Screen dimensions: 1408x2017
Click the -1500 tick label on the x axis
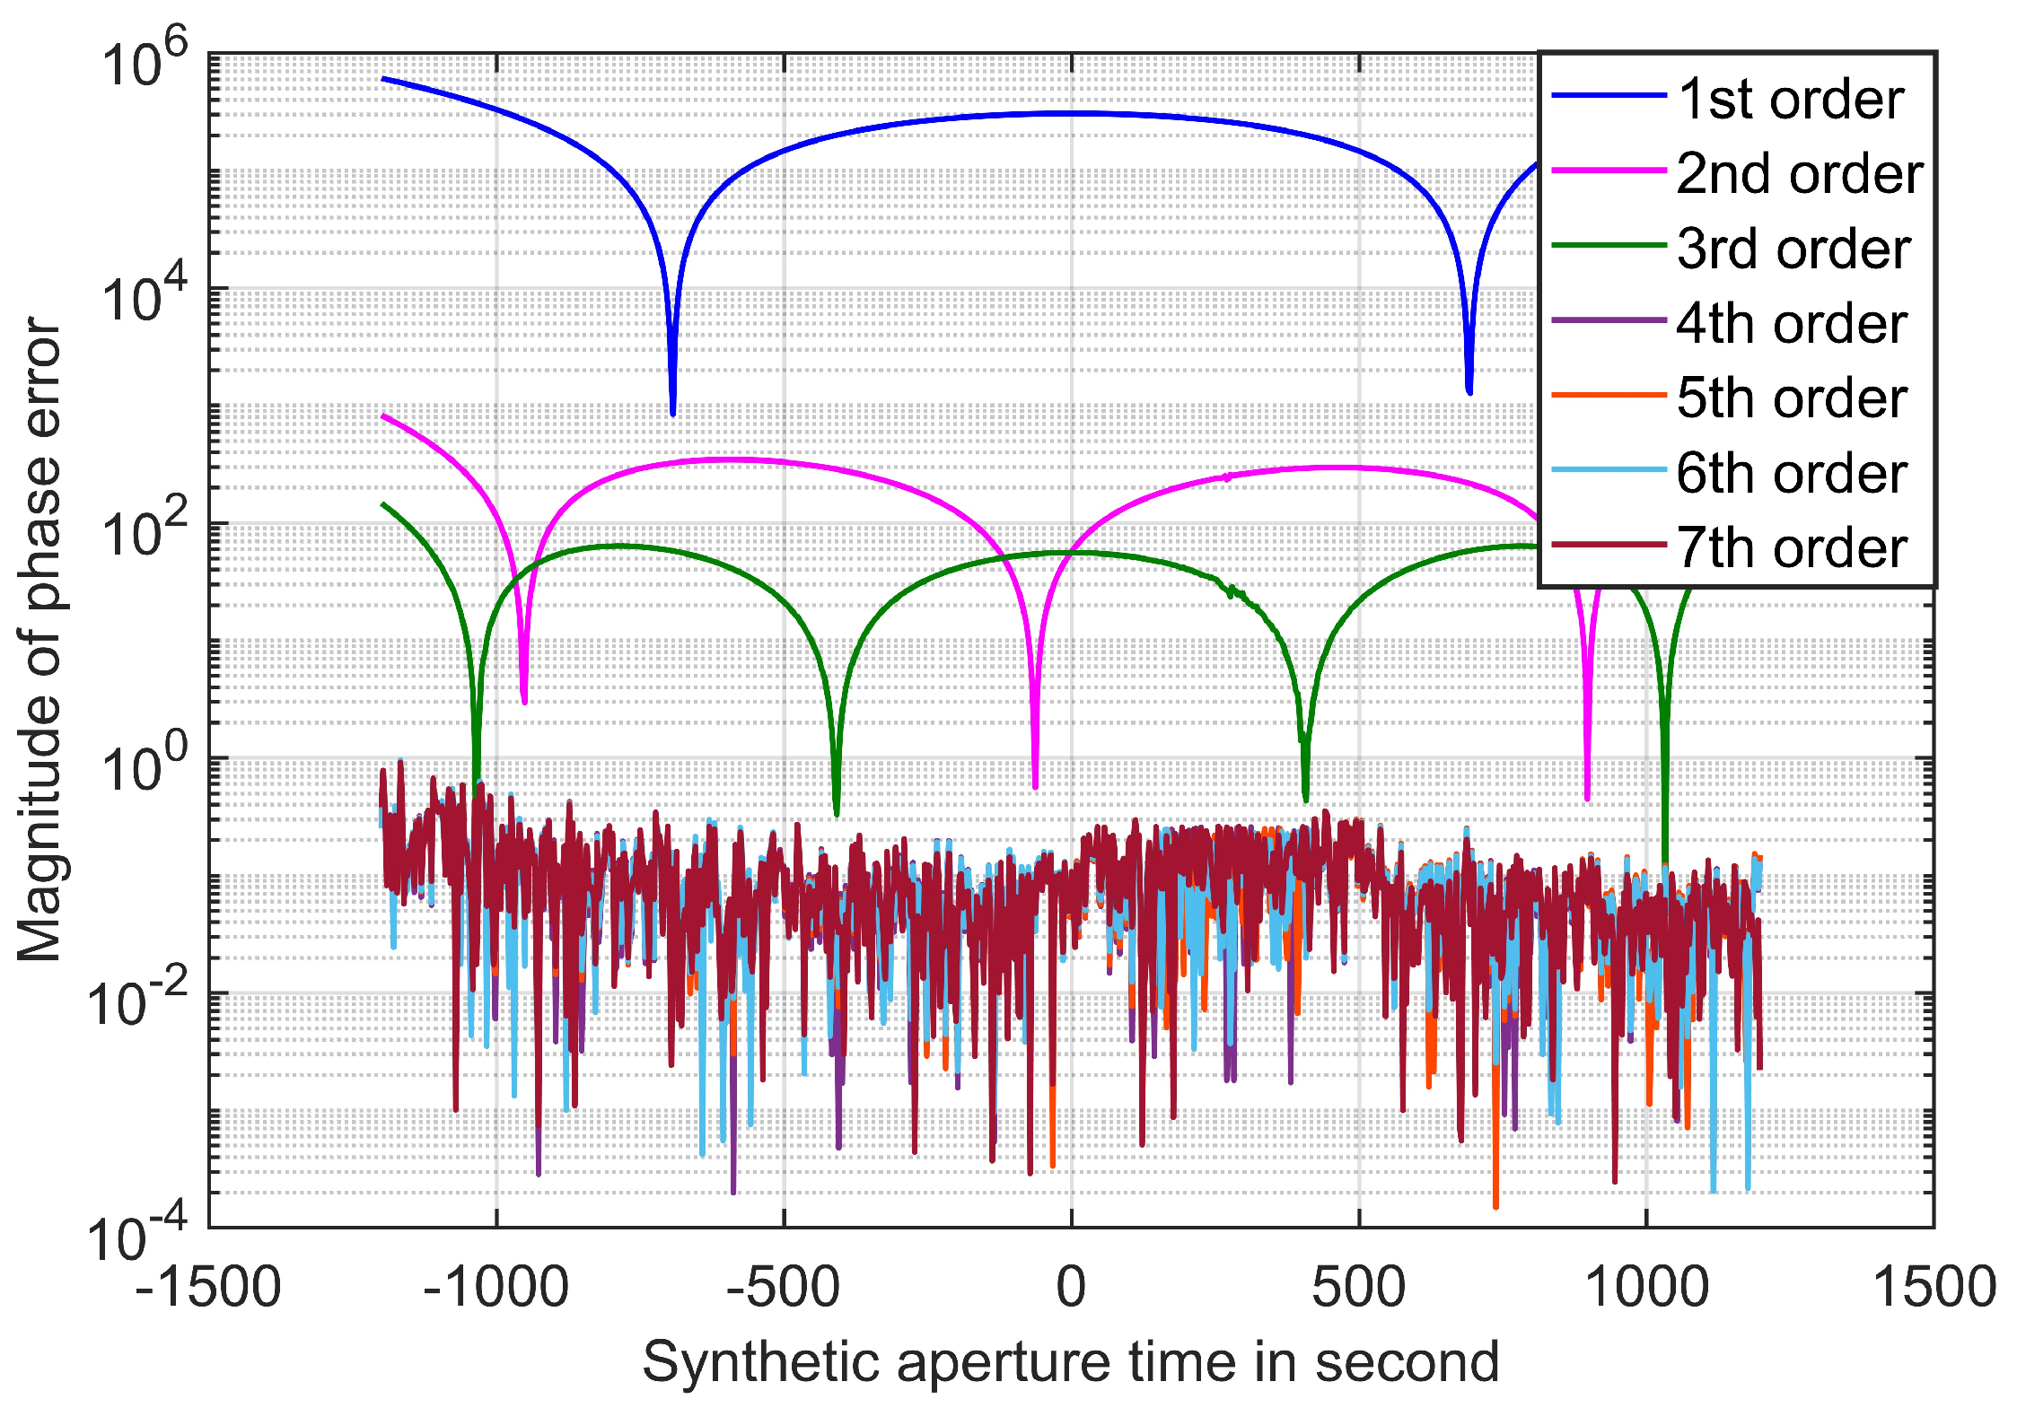(x=208, y=1287)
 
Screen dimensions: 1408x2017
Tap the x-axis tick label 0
(x=1071, y=1287)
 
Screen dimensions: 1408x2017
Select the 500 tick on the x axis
(x=1358, y=1287)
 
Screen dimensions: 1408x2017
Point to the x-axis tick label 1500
(x=1934, y=1287)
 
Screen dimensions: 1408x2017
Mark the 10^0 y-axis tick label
(x=144, y=767)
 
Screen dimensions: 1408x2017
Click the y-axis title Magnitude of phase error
(x=39, y=639)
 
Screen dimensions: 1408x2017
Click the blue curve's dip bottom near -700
(x=672, y=412)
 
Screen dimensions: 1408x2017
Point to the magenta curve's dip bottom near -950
(x=524, y=700)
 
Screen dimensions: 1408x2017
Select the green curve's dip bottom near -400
(x=837, y=812)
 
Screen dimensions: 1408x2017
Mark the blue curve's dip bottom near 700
(x=1469, y=390)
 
